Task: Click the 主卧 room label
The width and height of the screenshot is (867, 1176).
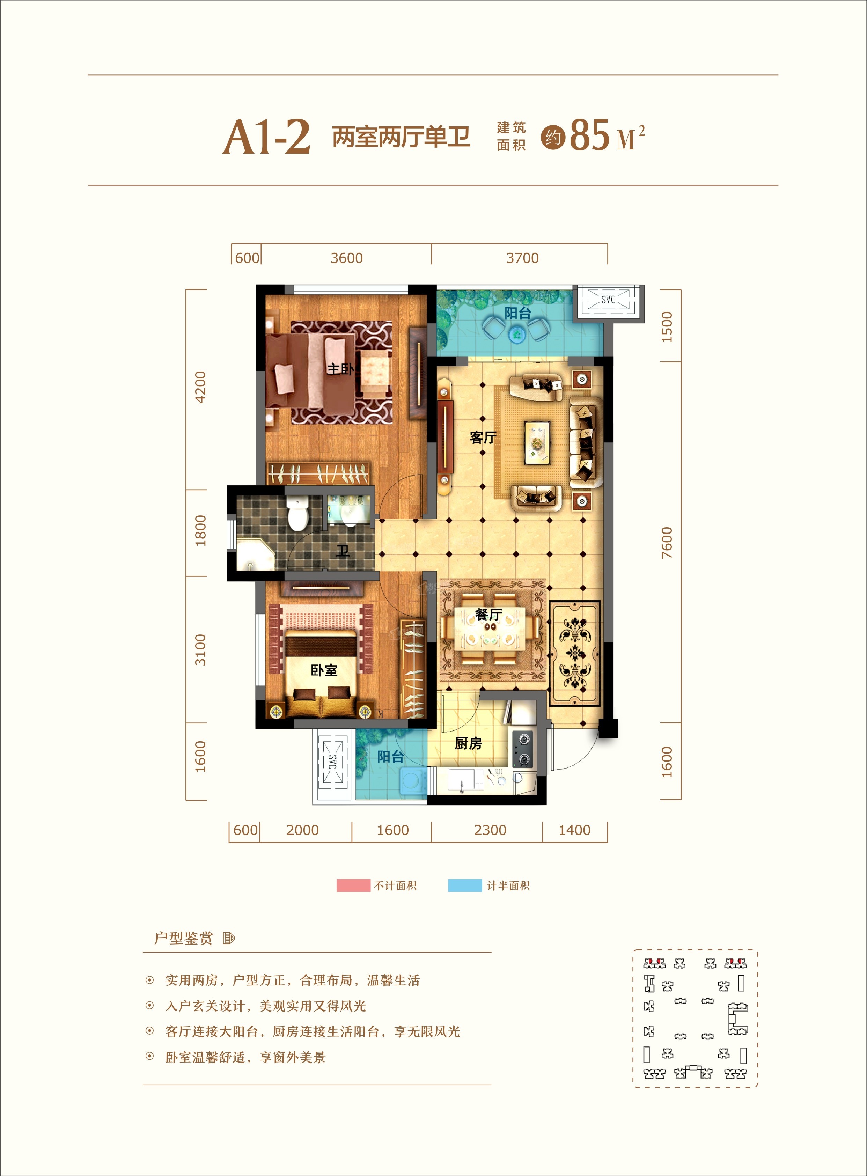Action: [340, 369]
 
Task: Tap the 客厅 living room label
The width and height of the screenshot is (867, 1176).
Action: [483, 437]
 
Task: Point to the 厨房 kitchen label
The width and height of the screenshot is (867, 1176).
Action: [468, 743]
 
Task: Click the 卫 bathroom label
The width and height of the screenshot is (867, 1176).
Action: [343, 551]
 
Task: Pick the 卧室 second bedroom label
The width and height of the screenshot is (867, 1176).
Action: [324, 670]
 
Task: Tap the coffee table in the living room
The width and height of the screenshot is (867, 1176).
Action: [537, 442]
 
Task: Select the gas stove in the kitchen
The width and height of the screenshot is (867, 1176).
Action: [524, 749]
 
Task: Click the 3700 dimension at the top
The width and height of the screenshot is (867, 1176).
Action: [522, 258]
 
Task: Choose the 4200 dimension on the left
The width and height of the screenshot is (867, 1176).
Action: [200, 387]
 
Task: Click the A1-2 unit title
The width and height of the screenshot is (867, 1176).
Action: [267, 138]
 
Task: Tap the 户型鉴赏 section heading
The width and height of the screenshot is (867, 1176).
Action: [183, 938]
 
